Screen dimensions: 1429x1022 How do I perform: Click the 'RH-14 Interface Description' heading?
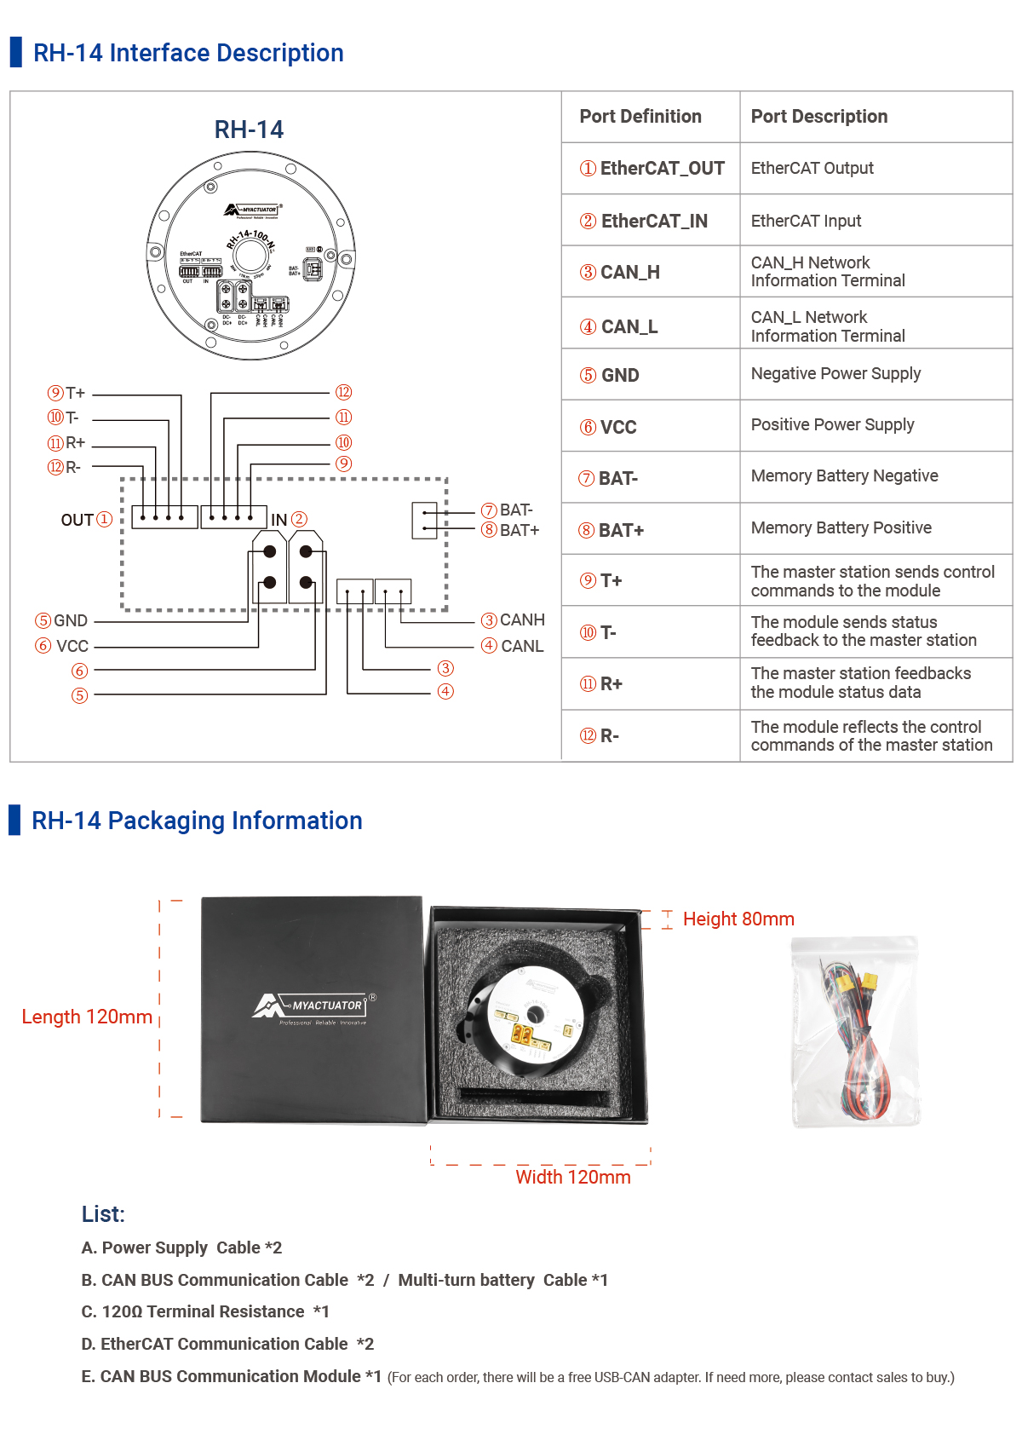pyautogui.click(x=187, y=53)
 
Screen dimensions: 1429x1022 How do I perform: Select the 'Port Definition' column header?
pyautogui.click(x=640, y=117)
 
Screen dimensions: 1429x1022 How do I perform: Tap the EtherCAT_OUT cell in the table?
pyautogui.click(x=653, y=169)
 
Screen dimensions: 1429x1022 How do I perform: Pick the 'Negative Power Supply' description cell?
pyautogui.click(x=835, y=374)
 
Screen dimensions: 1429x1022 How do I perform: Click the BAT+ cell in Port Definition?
pyautogui.click(x=612, y=530)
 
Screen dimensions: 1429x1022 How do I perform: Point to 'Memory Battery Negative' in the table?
pyautogui.click(x=844, y=476)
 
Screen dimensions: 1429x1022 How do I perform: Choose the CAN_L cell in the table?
pyautogui.click(x=620, y=327)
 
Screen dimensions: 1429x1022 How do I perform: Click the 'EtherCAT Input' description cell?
pyautogui.click(x=806, y=222)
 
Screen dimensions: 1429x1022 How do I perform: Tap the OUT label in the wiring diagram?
pyautogui.click(x=78, y=520)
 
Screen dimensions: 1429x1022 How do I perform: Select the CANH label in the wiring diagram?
pyautogui.click(x=521, y=619)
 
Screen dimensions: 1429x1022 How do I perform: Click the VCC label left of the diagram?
pyautogui.click(x=72, y=646)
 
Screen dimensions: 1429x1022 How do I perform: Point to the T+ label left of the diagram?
pyautogui.click(x=75, y=393)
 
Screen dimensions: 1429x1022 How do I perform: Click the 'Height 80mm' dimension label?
pyautogui.click(x=738, y=919)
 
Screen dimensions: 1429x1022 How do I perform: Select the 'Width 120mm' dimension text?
pyautogui.click(x=572, y=1178)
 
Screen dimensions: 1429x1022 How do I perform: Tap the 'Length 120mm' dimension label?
pyautogui.click(x=87, y=1017)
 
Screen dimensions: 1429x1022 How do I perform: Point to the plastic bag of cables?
pyautogui.click(x=855, y=1033)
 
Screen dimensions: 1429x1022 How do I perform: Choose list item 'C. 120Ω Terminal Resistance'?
pyautogui.click(x=204, y=1312)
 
